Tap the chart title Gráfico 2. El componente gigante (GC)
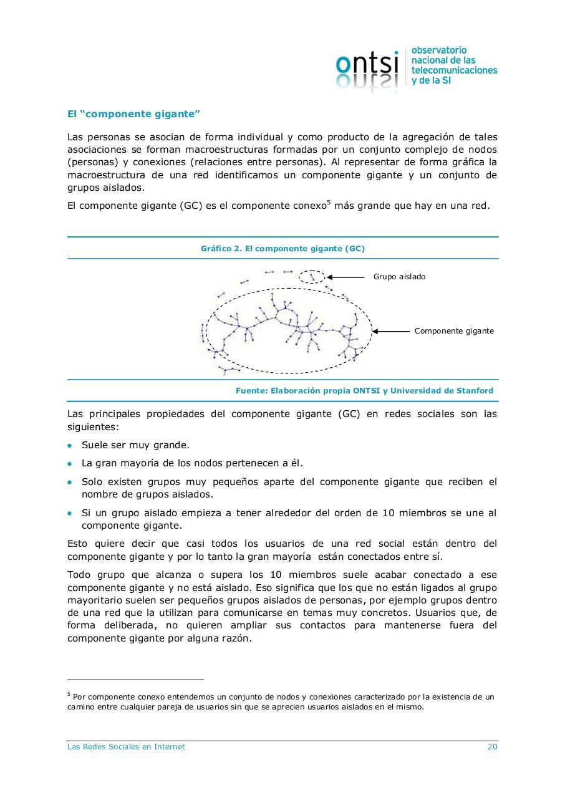pos(282,248)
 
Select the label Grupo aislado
pos(399,277)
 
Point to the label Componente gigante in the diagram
pos(454,331)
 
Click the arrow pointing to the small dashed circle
pos(345,277)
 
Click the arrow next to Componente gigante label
pos(391,331)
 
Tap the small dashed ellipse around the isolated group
pos(312,277)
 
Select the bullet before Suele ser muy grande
pos(70,446)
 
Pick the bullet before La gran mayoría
pos(70,464)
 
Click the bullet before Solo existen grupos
pos(70,483)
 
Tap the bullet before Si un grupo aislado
pos(70,514)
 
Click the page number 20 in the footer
pos(492,747)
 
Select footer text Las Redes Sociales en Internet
pos(126,747)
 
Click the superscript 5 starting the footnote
pos(69,694)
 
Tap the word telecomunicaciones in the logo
pos(454,70)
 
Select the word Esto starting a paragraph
pos(78,544)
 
